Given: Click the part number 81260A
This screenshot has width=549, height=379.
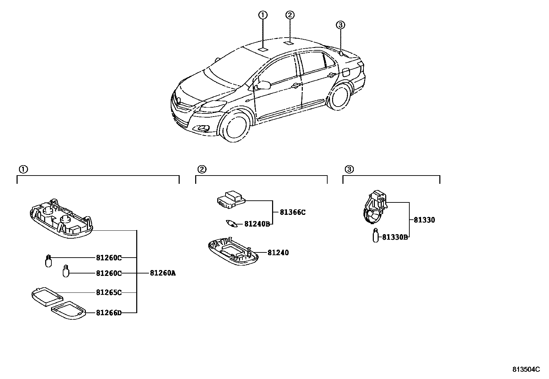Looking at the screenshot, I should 163,273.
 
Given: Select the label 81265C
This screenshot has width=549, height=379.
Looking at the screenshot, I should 109,293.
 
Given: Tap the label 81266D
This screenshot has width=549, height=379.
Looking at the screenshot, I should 109,313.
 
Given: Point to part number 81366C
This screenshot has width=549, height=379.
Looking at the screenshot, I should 292,212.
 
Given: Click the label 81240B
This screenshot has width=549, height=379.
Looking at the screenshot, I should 257,224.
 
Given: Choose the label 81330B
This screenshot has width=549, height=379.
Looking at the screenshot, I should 395,237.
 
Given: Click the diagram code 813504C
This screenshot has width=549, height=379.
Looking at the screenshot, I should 526,369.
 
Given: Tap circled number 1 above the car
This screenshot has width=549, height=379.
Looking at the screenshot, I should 263,15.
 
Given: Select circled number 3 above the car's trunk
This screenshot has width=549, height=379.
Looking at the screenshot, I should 340,24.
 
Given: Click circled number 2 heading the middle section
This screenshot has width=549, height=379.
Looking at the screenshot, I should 202,169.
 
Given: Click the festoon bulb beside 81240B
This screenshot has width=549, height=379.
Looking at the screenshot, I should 232,224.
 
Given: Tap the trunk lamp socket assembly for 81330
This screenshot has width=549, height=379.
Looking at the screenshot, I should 375,208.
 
